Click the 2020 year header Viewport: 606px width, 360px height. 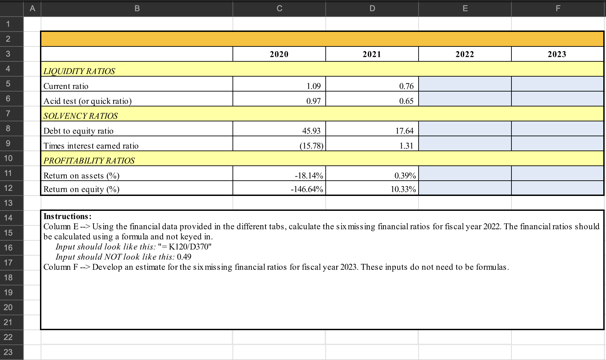pyautogui.click(x=279, y=54)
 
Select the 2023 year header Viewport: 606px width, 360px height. pyautogui.click(x=557, y=54)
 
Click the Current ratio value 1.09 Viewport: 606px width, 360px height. pyautogui.click(x=314, y=86)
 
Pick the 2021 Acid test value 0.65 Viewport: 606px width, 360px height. pyautogui.click(x=406, y=101)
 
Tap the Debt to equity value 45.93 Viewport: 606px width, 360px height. pyautogui.click(x=311, y=131)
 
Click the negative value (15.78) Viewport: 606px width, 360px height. pyautogui.click(x=311, y=146)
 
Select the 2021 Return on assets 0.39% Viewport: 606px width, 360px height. pyautogui.click(x=405, y=176)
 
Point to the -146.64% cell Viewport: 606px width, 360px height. pyautogui.click(x=307, y=189)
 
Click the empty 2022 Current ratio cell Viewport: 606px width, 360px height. pyautogui.click(x=465, y=84)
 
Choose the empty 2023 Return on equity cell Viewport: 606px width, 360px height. pyautogui.click(x=558, y=188)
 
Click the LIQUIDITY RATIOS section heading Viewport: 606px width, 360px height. pyautogui.click(x=79, y=71)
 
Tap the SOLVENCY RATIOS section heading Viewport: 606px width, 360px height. pyautogui.click(x=81, y=116)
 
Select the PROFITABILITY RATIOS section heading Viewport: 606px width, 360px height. pyautogui.click(x=89, y=161)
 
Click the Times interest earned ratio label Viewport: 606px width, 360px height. pyautogui.click(x=91, y=146)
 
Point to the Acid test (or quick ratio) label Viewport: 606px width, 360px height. pyautogui.click(x=87, y=101)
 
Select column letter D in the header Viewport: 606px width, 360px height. pyautogui.click(x=372, y=8)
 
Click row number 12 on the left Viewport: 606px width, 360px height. pyautogui.click(x=8, y=188)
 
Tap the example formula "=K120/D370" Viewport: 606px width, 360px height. pyautogui.click(x=182, y=247)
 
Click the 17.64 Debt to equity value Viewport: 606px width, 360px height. pyautogui.click(x=404, y=131)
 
